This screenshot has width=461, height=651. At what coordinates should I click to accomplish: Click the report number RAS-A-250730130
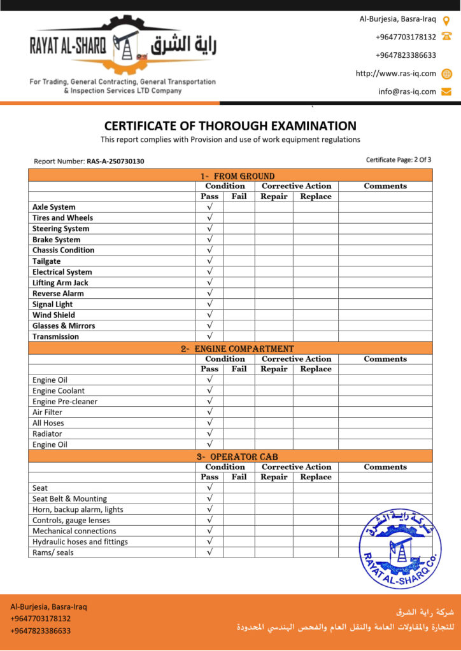click(115, 161)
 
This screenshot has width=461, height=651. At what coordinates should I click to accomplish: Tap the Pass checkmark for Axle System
click(209, 207)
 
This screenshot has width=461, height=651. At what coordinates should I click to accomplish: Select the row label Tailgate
click(46, 261)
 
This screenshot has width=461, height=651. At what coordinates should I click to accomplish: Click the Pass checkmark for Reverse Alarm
click(209, 294)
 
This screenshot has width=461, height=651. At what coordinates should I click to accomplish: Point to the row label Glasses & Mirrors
click(64, 326)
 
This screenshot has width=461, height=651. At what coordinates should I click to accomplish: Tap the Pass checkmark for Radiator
click(209, 434)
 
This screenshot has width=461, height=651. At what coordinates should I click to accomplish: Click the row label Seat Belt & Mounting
click(69, 499)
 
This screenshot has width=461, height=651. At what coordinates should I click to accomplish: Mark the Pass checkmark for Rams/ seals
click(209, 552)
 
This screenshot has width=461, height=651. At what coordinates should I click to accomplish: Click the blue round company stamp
click(399, 548)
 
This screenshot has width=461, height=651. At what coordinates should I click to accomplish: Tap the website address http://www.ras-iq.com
click(396, 74)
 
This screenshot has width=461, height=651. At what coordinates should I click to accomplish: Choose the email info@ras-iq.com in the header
click(407, 92)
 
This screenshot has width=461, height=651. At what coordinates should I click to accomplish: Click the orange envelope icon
click(446, 92)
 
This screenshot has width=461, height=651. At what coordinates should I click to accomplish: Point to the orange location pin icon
click(446, 20)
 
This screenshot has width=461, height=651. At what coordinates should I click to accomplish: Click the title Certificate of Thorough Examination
click(230, 126)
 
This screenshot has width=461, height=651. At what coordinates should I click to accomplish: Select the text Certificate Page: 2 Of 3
click(399, 160)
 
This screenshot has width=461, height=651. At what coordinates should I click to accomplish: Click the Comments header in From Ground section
click(385, 186)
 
